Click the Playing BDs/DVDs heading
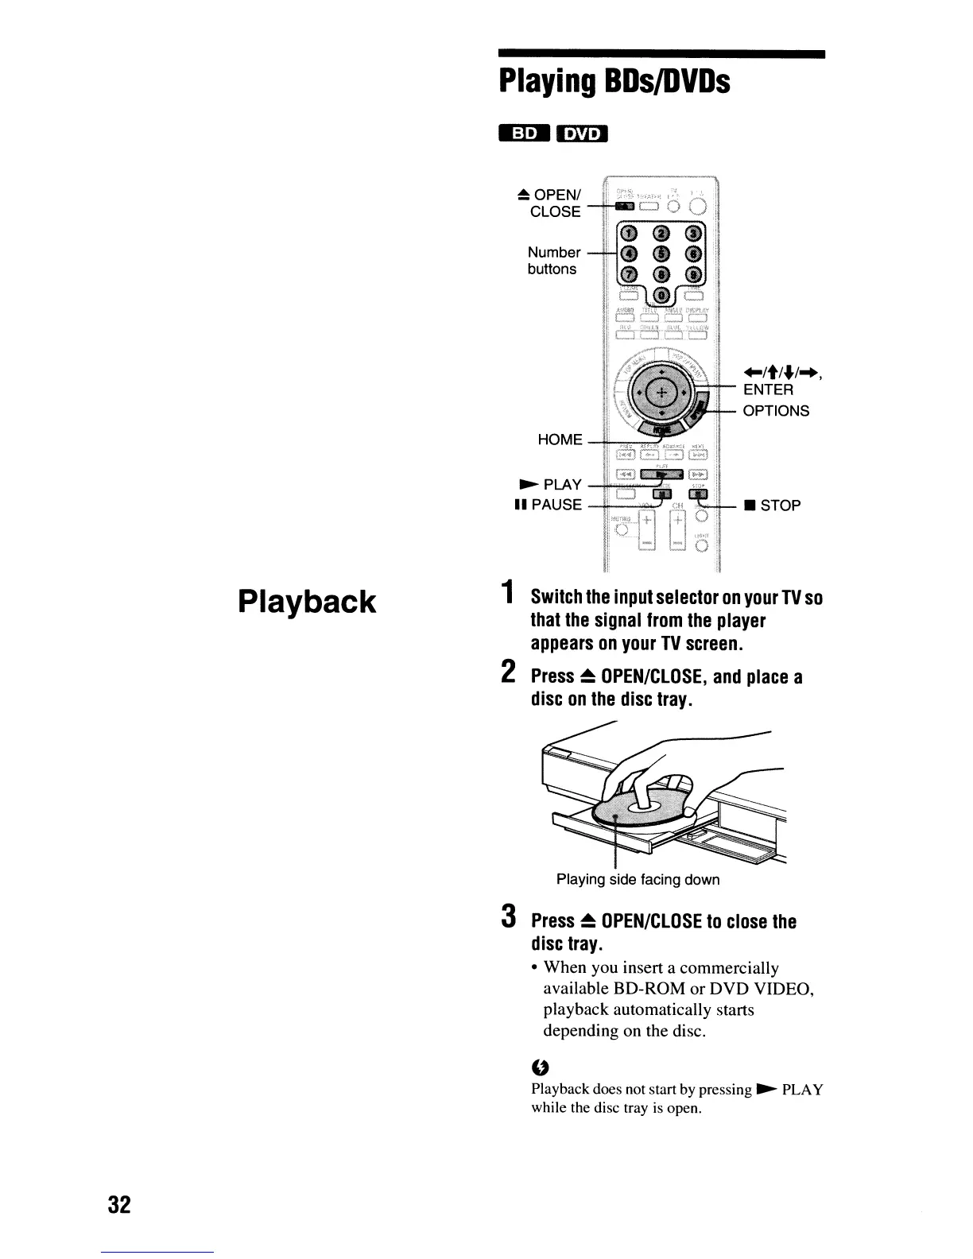pos(614,81)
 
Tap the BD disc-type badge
pos(524,135)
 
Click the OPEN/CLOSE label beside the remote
pos(555,203)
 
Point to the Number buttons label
pos(553,261)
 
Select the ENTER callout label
pos(768,389)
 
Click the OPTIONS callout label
pos(776,411)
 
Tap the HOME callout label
pos(560,440)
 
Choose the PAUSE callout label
pos(549,505)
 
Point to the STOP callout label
pos(772,506)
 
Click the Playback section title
pos(307,602)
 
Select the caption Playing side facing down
pos(638,880)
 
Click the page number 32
pos(119,1204)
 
